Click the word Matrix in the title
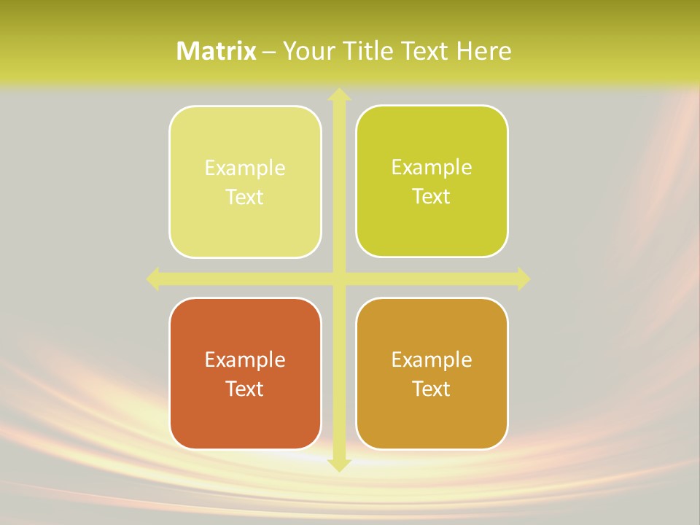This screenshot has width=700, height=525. pos(217,51)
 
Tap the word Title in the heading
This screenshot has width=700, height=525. pos(369,51)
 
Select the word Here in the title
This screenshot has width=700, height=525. pos(483,51)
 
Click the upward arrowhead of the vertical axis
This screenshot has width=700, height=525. pos(338,95)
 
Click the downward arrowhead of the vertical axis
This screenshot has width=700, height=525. pos(338,464)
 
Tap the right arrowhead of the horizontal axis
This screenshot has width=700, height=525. pos(523,279)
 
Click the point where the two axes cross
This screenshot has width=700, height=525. pos(338,279)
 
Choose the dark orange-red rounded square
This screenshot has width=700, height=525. pos(245,416)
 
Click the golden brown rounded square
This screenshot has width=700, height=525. pos(432,416)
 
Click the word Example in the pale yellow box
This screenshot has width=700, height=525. pos(245,168)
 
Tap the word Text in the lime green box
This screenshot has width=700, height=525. pos(432,197)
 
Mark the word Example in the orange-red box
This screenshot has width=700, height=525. pos(245,360)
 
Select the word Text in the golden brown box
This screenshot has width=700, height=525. pos(432,389)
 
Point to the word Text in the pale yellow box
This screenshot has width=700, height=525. pos(245,198)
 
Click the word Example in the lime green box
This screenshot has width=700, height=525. pos(432,168)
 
